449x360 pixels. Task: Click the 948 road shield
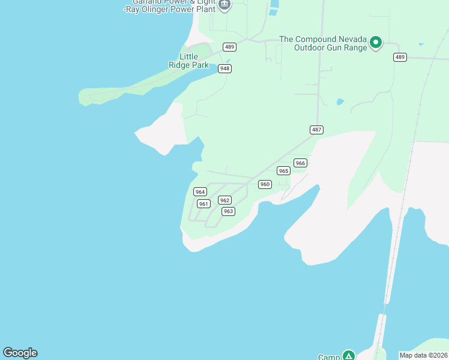point(224,68)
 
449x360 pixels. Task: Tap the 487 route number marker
point(317,130)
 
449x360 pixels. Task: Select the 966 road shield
point(300,163)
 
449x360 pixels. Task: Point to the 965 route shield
point(283,171)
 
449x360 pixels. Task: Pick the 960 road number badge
point(265,184)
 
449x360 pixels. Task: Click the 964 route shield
point(200,192)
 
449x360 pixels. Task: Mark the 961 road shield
point(203,204)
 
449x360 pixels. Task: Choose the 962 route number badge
point(224,200)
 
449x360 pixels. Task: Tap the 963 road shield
point(228,211)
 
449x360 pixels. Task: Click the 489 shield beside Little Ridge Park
point(229,47)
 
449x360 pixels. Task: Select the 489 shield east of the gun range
point(400,57)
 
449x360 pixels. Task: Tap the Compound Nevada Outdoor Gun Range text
point(323,44)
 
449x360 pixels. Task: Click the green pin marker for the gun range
point(376,42)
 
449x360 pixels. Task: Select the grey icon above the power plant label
point(224,5)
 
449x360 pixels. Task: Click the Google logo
point(20,353)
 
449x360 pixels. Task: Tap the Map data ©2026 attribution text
point(423,355)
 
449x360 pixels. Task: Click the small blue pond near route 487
point(340,101)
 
